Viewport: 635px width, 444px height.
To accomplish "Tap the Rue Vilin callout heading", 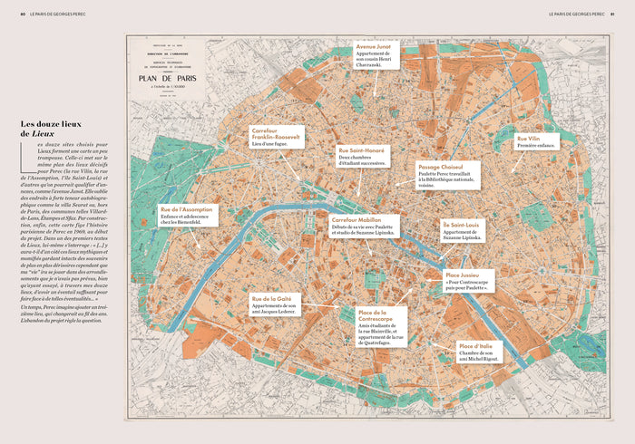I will point(530,139).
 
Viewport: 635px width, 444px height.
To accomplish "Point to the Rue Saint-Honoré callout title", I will point(361,150).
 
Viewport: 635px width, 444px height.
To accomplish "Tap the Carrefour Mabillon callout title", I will point(357,219).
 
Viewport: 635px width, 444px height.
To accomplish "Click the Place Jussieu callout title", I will point(464,274).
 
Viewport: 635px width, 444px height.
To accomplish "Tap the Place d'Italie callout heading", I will point(474,346).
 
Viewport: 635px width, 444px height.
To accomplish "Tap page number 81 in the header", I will point(613,14).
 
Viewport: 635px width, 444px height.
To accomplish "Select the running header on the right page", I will point(575,14).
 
